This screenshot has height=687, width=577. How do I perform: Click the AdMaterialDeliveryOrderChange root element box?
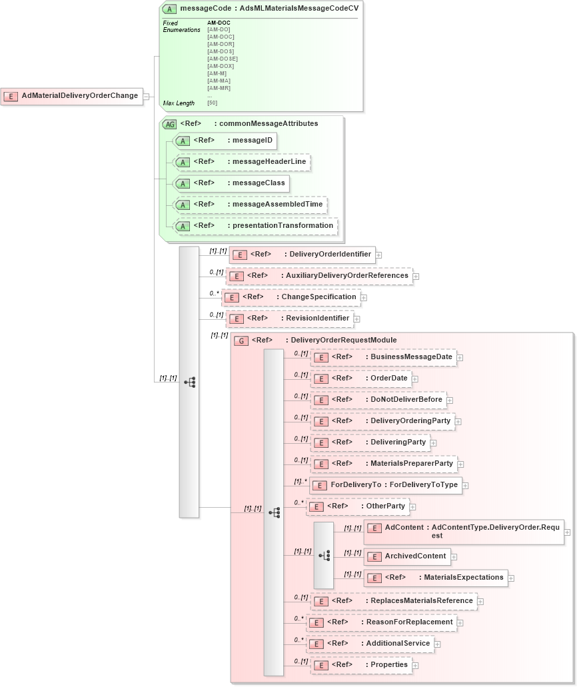pyautogui.click(x=71, y=96)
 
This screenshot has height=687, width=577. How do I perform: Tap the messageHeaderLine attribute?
pyautogui.click(x=241, y=162)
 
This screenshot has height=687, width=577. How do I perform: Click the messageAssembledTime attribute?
pyautogui.click(x=249, y=205)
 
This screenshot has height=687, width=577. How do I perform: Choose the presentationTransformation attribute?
pyautogui.click(x=255, y=226)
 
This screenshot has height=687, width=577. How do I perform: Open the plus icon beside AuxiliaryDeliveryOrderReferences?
pyautogui.click(x=415, y=276)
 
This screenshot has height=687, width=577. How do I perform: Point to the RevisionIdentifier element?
pyautogui.click(x=289, y=319)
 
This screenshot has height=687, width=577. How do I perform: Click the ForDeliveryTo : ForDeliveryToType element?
pyautogui.click(x=386, y=485)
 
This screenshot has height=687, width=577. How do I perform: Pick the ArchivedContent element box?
pyautogui.click(x=407, y=556)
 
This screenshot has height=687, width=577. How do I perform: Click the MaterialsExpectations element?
pyautogui.click(x=436, y=578)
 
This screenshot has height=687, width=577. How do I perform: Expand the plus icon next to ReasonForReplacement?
pyautogui.click(x=460, y=623)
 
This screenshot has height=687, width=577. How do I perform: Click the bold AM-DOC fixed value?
pyautogui.click(x=219, y=23)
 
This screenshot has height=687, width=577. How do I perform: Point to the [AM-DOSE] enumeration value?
pyautogui.click(x=223, y=59)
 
